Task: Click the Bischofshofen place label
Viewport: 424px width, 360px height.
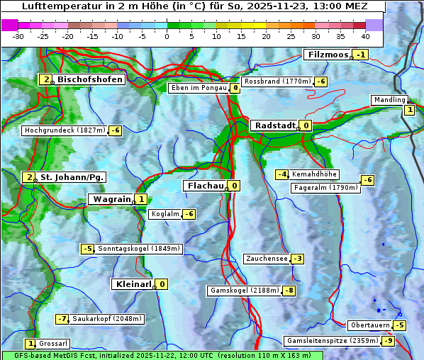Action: click(90, 79)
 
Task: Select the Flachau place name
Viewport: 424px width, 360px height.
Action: click(204, 186)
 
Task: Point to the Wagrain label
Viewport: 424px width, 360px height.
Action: click(112, 199)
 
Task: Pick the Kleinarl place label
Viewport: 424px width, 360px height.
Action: click(133, 284)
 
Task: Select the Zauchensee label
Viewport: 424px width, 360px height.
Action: click(267, 259)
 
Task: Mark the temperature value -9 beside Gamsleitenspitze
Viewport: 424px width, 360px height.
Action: click(388, 341)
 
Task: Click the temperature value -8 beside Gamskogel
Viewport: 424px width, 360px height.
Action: click(289, 291)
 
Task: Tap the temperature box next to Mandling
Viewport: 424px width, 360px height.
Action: click(409, 109)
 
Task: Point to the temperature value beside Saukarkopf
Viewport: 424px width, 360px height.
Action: click(62, 319)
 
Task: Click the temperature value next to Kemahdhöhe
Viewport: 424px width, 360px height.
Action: click(282, 174)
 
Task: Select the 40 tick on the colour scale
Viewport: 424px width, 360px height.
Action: click(365, 36)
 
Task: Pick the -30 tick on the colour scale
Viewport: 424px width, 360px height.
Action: click(18, 36)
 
